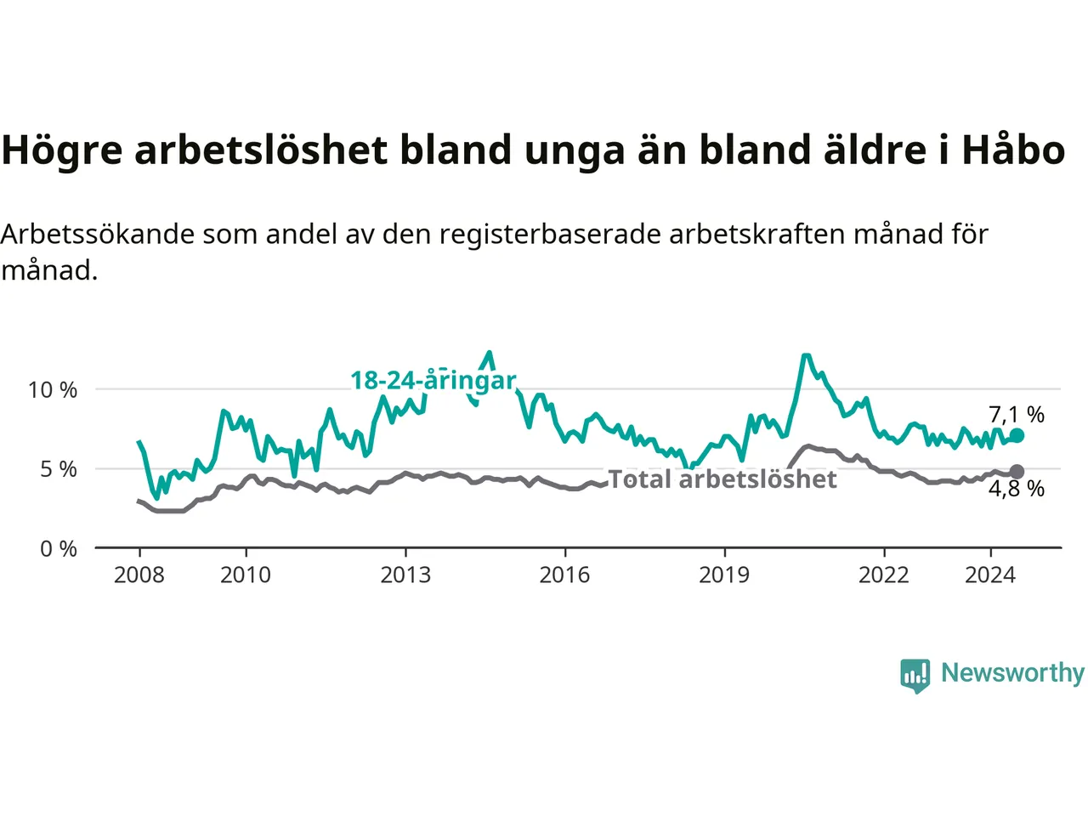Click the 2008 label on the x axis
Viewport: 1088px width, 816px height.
click(x=139, y=575)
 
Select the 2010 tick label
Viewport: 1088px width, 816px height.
click(x=246, y=575)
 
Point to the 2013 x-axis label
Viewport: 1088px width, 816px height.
click(x=405, y=575)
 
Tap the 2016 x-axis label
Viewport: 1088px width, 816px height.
click(x=564, y=575)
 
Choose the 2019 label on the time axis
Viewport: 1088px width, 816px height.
click(x=724, y=575)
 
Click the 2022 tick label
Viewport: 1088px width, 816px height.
click(x=884, y=575)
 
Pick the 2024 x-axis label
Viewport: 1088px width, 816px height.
click(x=990, y=575)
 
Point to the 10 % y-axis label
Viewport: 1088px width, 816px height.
click(x=53, y=390)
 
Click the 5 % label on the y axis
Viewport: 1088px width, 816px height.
click(x=59, y=469)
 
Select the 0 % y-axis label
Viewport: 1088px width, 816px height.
click(x=59, y=549)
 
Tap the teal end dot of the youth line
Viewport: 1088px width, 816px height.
click(x=1017, y=435)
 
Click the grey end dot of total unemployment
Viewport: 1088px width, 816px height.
click(x=1017, y=472)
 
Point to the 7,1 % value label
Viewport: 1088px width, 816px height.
click(x=1017, y=414)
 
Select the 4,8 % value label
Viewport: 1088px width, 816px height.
click(x=1017, y=489)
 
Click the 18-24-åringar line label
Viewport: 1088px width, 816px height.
click(x=433, y=381)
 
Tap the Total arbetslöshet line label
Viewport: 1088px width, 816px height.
click(x=722, y=479)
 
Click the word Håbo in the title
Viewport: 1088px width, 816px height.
click(x=1014, y=149)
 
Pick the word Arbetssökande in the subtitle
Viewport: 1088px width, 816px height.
click(x=98, y=234)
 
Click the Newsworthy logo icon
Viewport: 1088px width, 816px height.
click(x=915, y=676)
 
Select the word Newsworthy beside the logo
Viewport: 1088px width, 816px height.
click(x=1012, y=673)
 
